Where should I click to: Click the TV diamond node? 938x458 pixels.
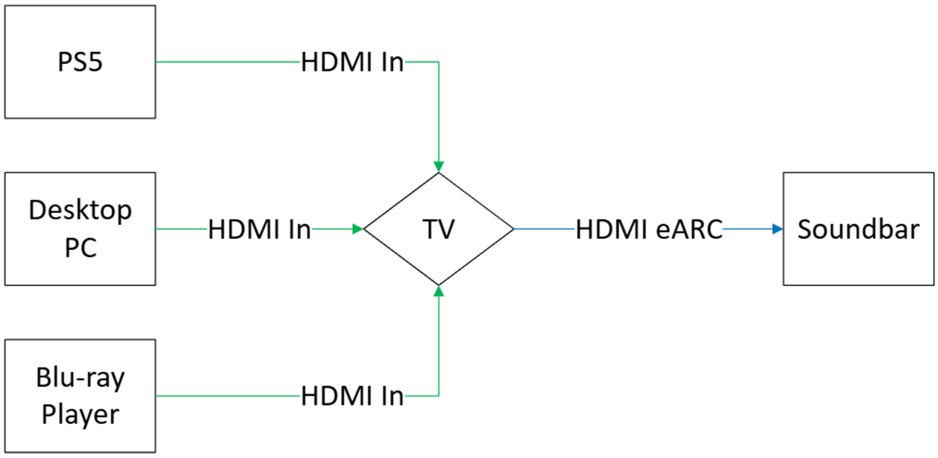439,255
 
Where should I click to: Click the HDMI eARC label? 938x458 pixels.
649,229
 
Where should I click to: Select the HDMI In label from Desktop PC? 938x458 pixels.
259,229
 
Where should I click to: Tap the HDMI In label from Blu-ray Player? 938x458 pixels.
352,396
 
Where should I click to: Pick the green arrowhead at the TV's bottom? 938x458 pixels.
439,291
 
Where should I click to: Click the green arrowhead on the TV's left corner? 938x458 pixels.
358,229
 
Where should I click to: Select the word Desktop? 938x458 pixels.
80,210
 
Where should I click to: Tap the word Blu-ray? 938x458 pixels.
80,378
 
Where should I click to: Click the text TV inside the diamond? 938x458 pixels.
438,229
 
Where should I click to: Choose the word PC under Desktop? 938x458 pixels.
80,248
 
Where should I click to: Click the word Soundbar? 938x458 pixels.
858,229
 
